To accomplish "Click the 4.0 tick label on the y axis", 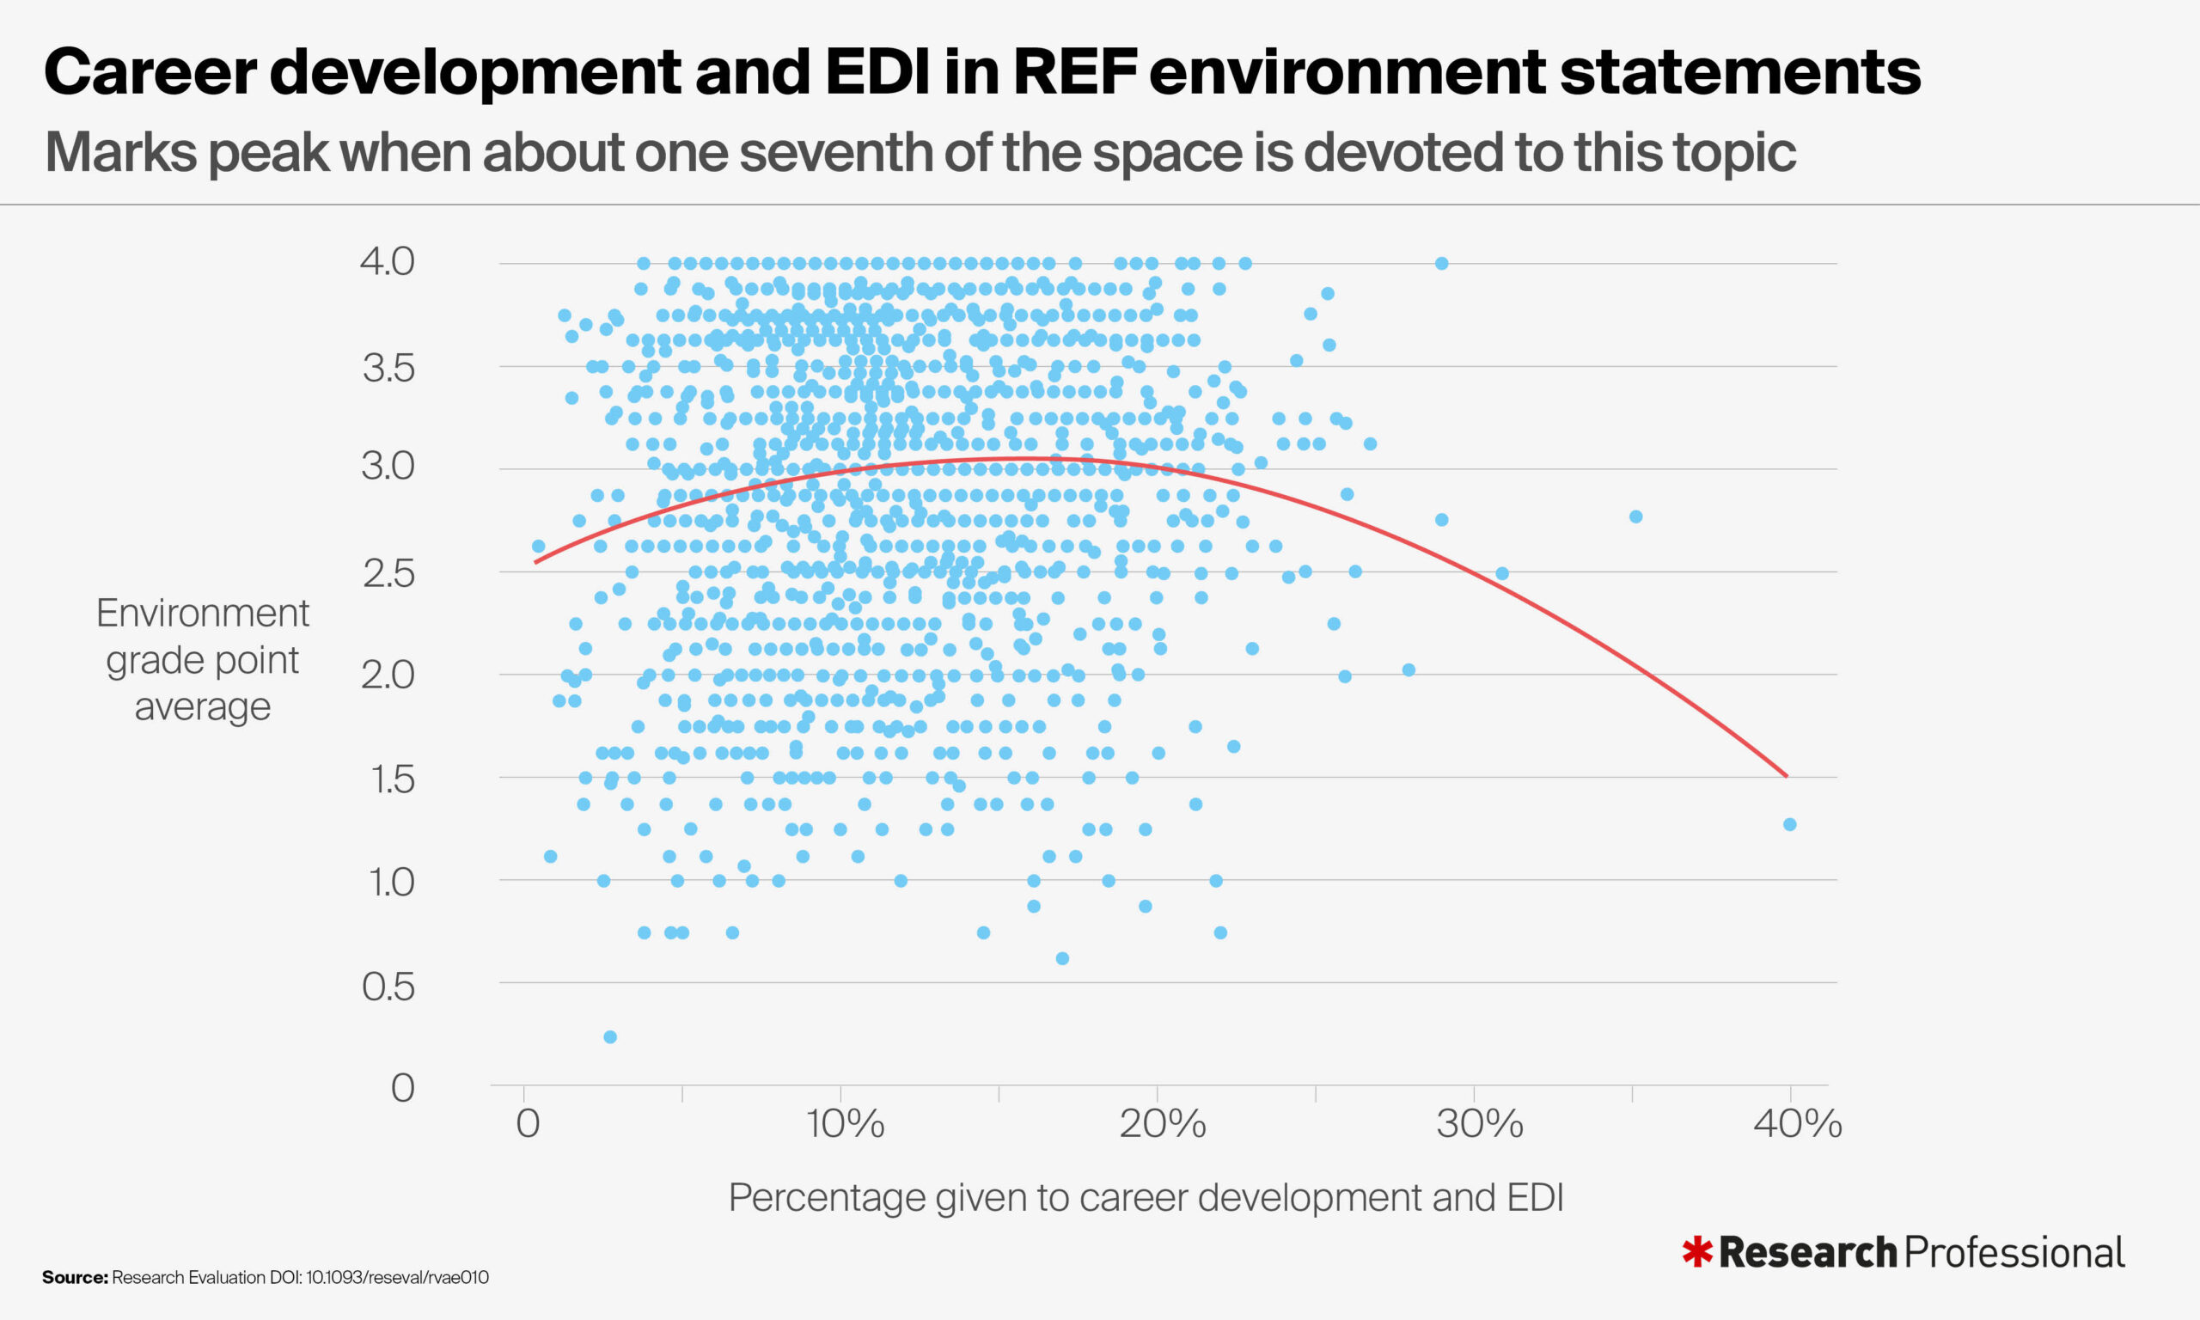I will [387, 261].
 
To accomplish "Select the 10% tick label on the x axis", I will [845, 1124].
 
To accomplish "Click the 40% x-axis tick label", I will [1797, 1124].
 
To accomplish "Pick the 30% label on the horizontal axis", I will [1480, 1124].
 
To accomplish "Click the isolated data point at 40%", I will [1790, 824].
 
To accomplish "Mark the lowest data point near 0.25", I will [610, 1037].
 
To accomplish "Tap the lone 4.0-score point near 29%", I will [1441, 263].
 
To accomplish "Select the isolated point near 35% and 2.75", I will [1635, 516].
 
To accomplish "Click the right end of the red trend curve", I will [1786, 776].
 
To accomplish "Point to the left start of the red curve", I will [535, 562].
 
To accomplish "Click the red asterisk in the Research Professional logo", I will [1696, 1251].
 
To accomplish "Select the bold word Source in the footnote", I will [74, 1277].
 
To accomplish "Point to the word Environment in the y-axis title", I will [203, 614].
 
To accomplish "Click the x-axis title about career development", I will [1146, 1197].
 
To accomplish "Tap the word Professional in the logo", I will [2015, 1252].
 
